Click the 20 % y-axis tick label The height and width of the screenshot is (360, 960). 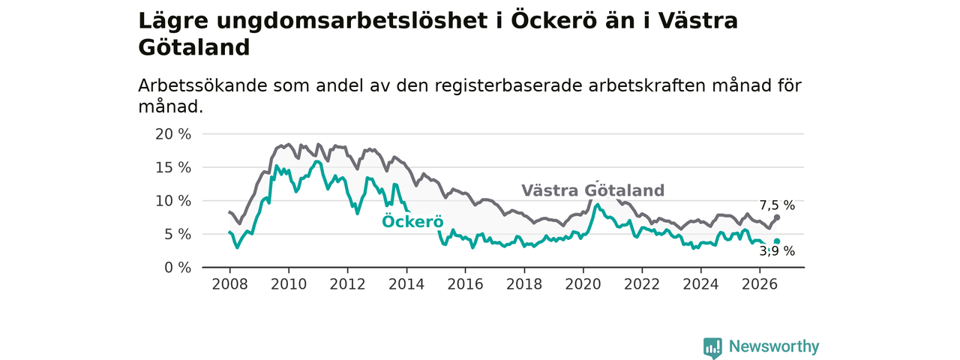click(173, 134)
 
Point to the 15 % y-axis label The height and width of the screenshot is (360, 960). click(173, 167)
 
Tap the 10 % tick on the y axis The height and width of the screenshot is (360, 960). click(173, 201)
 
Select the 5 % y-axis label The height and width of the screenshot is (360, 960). click(178, 235)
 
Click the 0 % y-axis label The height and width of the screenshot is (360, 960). click(178, 268)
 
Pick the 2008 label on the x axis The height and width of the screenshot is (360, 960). click(229, 284)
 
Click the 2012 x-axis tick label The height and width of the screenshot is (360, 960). click(347, 284)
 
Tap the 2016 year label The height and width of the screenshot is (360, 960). click(466, 284)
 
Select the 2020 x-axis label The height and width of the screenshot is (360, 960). click(583, 284)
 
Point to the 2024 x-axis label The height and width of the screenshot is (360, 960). click(700, 284)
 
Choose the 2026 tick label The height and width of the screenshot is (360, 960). click(760, 284)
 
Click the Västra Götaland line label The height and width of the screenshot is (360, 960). click(592, 190)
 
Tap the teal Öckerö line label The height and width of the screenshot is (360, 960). click(412, 221)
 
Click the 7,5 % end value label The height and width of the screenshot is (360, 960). click(777, 205)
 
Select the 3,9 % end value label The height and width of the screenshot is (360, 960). click(777, 251)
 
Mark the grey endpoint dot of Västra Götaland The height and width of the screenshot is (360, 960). click(777, 217)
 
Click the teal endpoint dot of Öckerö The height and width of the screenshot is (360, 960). click(777, 241)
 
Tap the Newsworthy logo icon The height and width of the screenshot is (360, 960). click(712, 347)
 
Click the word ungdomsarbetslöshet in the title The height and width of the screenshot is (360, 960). click(352, 21)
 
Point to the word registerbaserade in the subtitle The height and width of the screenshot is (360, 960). click(508, 86)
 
